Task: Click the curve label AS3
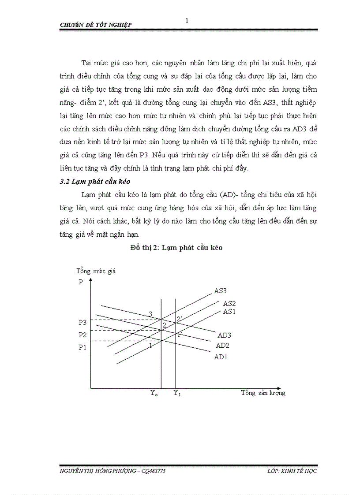(221, 291)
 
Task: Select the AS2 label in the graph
(229, 303)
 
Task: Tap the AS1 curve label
(229, 311)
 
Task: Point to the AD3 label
(225, 335)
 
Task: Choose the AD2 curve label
(222, 346)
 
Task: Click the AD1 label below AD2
(221, 357)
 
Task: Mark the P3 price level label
(82, 323)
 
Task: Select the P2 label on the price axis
(82, 335)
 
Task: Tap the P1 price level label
(82, 347)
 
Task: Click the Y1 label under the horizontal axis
(177, 393)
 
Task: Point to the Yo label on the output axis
(154, 393)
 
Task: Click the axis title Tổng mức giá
(96, 271)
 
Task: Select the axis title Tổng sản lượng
(263, 393)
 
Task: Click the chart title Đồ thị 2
(176, 248)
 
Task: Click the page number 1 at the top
(187, 20)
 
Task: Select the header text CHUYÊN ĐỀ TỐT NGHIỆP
(95, 25)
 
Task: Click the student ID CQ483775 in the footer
(154, 471)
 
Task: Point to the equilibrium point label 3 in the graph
(150, 314)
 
